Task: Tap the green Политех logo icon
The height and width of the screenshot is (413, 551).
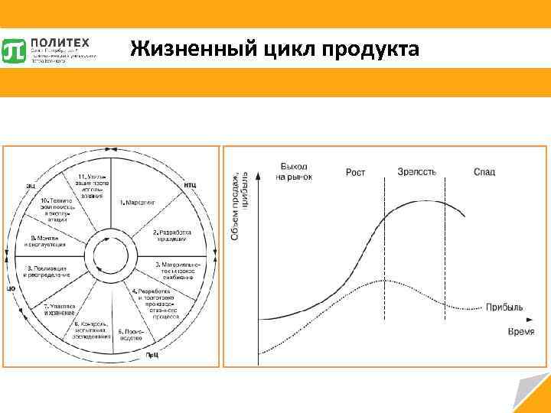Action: click(15, 50)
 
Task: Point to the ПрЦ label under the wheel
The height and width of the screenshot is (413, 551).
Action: click(153, 355)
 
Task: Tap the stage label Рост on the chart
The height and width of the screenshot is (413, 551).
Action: click(355, 172)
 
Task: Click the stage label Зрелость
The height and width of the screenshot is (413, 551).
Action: click(417, 171)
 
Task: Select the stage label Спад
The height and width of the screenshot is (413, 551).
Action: click(484, 171)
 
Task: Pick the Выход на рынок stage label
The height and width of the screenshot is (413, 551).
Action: click(293, 171)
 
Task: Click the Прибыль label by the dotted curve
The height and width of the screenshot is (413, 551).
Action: click(503, 307)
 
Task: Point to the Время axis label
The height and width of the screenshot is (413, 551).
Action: click(520, 330)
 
